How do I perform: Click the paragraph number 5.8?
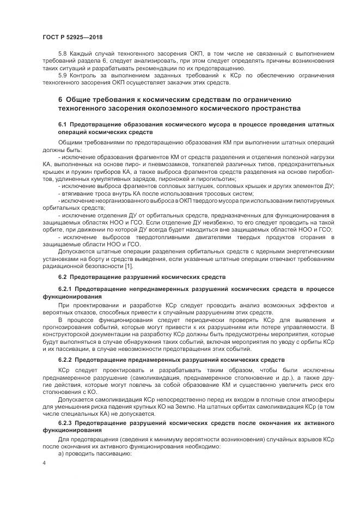point(63,54)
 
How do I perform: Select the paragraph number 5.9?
point(63,75)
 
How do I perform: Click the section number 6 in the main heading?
point(60,100)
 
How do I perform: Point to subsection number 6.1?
point(63,126)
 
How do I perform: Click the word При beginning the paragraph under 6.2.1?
point(63,305)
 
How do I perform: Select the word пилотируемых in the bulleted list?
point(312,201)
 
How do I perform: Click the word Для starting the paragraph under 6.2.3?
point(64,439)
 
